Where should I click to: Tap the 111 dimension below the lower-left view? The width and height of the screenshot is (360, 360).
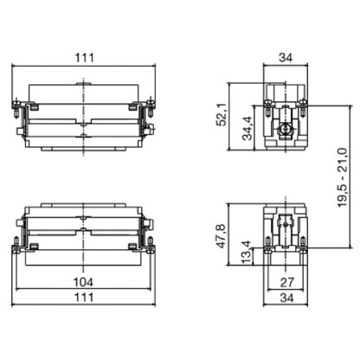[x=84, y=299]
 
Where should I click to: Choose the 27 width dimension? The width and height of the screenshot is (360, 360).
[x=286, y=283]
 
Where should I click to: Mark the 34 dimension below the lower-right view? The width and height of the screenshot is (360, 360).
[x=286, y=299]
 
